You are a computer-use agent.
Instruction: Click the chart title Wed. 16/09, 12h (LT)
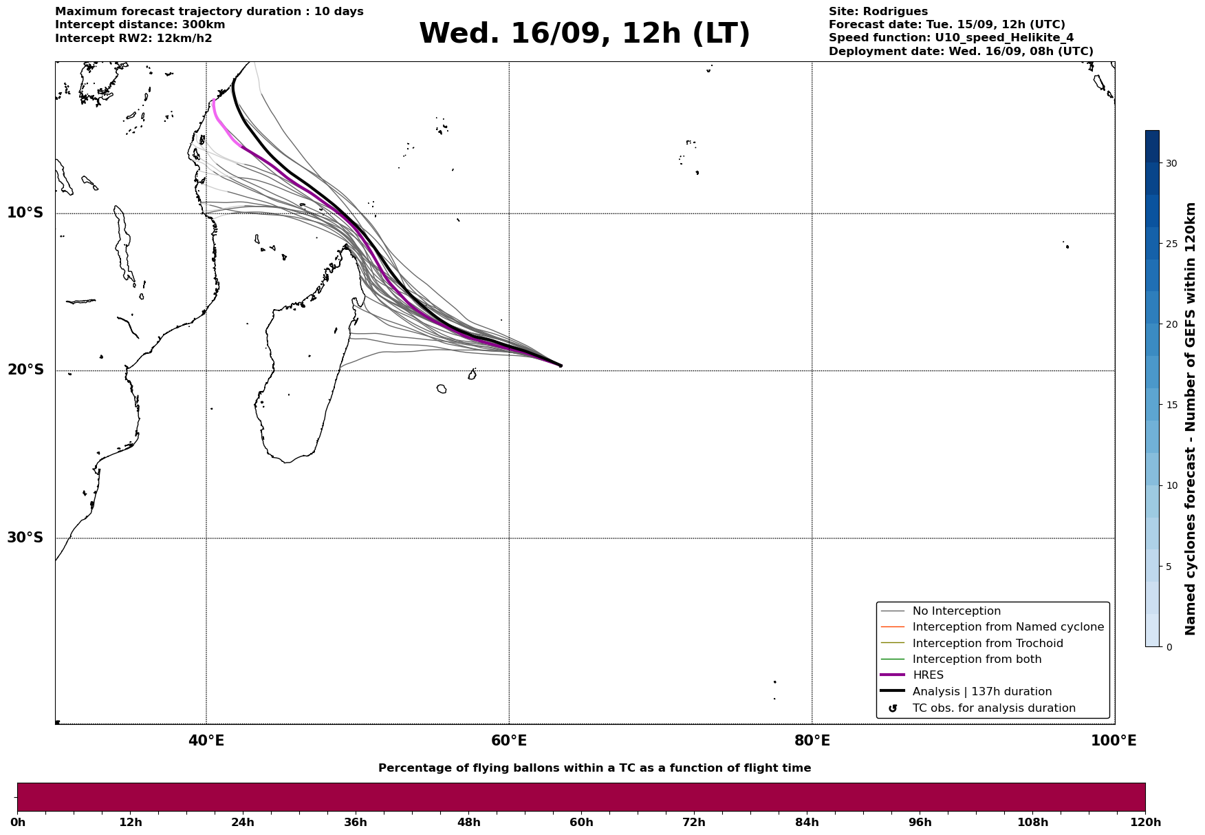click(584, 34)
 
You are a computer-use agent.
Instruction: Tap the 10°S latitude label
click(25, 213)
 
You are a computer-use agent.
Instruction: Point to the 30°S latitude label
click(25, 538)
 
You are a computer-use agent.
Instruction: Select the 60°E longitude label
click(509, 741)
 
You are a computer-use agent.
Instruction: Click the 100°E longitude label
click(1114, 741)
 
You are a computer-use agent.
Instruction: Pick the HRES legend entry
click(928, 675)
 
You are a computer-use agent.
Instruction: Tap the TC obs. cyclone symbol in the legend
click(893, 708)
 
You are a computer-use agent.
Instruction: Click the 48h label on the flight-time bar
click(468, 823)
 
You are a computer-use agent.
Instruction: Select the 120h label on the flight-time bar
click(1145, 823)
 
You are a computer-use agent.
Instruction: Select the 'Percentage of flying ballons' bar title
click(594, 768)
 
